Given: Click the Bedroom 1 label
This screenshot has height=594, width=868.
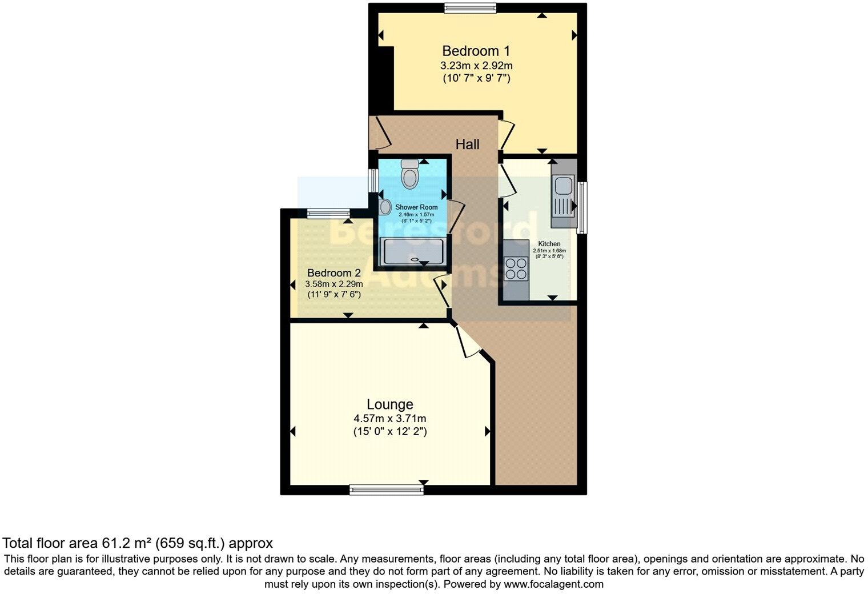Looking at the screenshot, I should click(476, 51).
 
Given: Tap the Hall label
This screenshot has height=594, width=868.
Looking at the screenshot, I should click(467, 145).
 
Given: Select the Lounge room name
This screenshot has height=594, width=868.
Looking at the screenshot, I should click(389, 404).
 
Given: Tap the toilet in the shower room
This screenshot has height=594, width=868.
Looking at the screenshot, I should click(409, 174).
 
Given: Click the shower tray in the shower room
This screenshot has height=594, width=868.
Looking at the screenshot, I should click(413, 252).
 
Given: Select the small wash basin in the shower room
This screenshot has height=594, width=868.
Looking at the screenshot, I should click(385, 206).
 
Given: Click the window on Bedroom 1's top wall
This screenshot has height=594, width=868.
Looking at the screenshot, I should click(471, 7).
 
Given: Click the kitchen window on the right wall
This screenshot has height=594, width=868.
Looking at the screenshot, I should click(581, 207).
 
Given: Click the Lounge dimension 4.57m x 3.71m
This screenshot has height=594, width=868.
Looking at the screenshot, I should click(389, 419).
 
